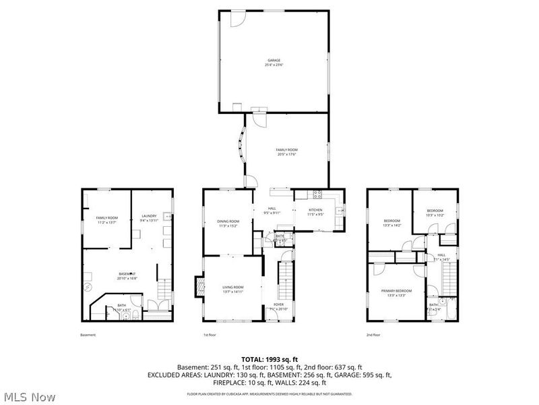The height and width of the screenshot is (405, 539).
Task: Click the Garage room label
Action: click(273, 61)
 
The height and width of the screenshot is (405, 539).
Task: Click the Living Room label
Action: click(233, 290)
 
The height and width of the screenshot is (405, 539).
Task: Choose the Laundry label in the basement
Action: click(148, 217)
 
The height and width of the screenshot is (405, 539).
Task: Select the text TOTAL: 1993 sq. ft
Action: click(269, 358)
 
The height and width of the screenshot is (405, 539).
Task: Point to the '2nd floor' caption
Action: click(373, 335)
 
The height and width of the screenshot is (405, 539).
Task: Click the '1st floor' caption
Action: click(210, 335)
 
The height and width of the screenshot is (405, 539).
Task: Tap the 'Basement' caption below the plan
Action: click(88, 335)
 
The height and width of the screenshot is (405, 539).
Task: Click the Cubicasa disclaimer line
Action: click(269, 393)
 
